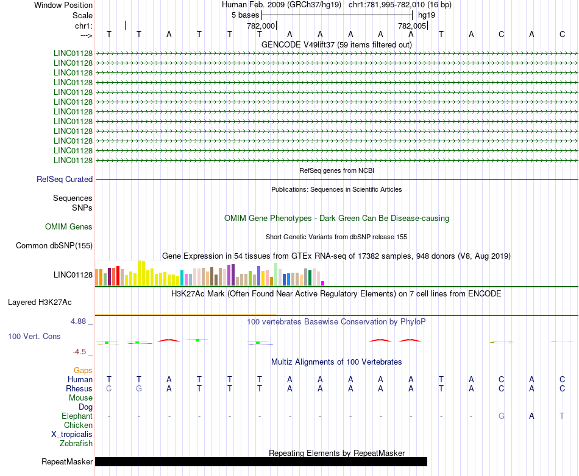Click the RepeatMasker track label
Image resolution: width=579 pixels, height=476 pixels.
pos(67,462)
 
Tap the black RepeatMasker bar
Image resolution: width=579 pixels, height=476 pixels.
pos(261,462)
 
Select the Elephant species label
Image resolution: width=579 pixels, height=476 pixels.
pos(77,416)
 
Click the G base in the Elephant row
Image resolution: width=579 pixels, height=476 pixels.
pos(502,416)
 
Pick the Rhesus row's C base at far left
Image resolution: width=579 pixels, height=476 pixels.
pos(108,389)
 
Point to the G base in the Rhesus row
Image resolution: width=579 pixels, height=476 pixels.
pos(139,389)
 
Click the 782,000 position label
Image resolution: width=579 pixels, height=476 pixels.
pos(260,26)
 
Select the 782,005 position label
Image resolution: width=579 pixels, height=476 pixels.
pos(412,26)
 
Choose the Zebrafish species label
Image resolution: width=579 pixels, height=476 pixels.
pos(76,444)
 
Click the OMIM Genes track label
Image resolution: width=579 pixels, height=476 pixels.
pos(69,227)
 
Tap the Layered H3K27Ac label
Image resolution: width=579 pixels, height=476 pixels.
pos(40,302)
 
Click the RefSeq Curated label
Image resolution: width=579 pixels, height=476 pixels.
pos(65,180)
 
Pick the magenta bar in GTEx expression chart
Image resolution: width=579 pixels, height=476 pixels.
pos(323,283)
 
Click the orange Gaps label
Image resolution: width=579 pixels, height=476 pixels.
pos(83,370)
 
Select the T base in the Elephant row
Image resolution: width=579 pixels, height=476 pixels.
pos(562,416)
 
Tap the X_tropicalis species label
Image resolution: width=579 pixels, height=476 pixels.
pos(72,435)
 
